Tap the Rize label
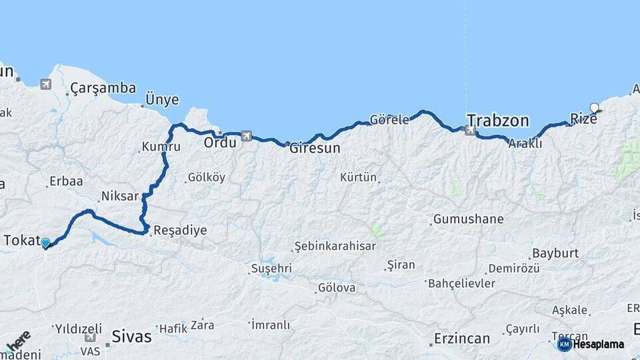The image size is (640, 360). point(583,119)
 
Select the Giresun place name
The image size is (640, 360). point(315,149)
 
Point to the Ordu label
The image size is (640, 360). point(220,143)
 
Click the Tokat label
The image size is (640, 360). point(22,241)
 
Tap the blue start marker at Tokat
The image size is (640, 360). point(45,243)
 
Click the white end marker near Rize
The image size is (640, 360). point(594,107)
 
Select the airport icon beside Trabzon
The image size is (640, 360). point(470,131)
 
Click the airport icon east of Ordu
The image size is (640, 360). point(246,136)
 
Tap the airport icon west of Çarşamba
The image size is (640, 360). point(45,84)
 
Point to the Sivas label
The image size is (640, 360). point(131,337)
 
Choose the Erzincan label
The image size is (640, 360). point(462,339)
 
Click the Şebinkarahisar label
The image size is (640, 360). point(335,246)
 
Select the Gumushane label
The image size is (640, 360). point(468,219)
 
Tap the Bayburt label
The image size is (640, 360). point(555,254)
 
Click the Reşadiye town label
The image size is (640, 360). point(179,231)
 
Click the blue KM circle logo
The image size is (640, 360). point(564,344)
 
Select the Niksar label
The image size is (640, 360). point(119,197)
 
